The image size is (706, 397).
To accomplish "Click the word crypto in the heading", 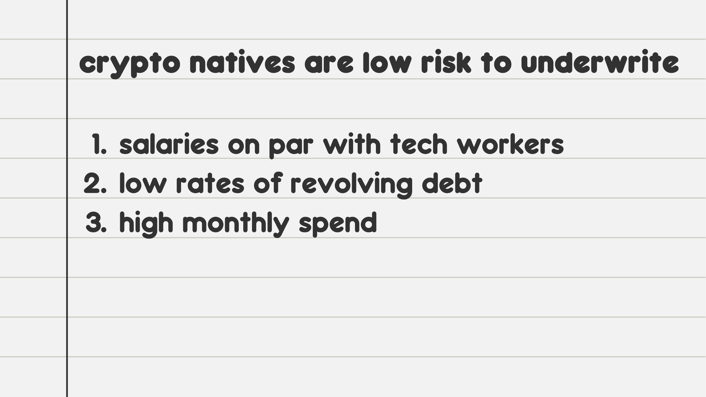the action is pyautogui.click(x=130, y=64).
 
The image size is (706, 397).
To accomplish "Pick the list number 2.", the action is pyautogui.click(x=95, y=183).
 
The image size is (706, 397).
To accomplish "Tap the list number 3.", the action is pyautogui.click(x=96, y=223).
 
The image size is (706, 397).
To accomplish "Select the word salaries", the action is pyautogui.click(x=169, y=143).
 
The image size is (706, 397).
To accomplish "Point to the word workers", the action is pyautogui.click(x=510, y=143).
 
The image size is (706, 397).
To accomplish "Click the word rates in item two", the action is pyautogui.click(x=210, y=184).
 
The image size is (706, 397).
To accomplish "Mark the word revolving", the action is pyautogui.click(x=351, y=186).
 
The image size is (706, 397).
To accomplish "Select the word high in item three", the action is pyautogui.click(x=146, y=225).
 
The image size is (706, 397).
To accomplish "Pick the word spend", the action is pyautogui.click(x=338, y=224).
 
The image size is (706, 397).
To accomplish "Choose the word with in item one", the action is pyautogui.click(x=352, y=143).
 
